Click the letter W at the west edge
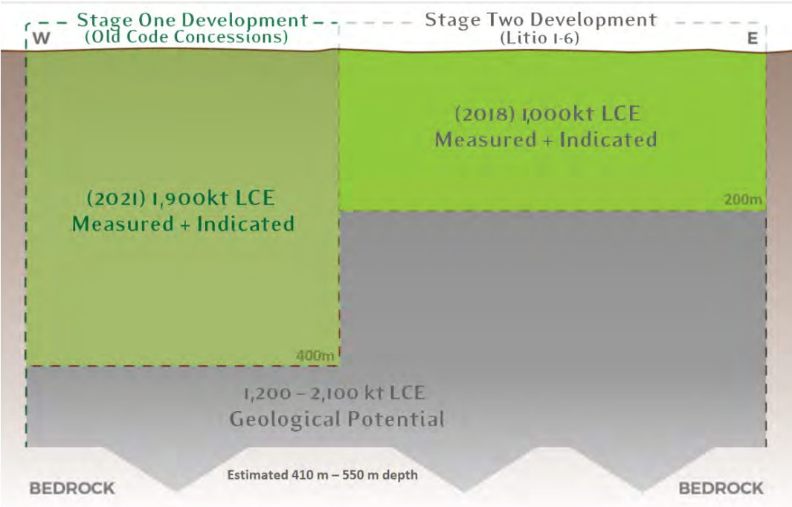[x=41, y=38]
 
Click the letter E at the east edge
[x=753, y=39]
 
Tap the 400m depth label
[x=315, y=355]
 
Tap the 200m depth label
[x=743, y=199]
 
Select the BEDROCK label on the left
[x=72, y=488]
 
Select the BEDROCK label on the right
[x=721, y=488]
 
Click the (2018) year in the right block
[x=485, y=113]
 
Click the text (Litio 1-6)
[x=539, y=38]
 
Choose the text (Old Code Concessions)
[x=187, y=36]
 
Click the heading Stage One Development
[x=193, y=20]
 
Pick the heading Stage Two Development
[x=541, y=19]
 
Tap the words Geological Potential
[x=337, y=419]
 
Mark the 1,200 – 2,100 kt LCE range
[x=334, y=393]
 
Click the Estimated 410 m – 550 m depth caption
[x=322, y=475]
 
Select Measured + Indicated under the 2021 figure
[x=184, y=224]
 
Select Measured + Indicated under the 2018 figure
[x=546, y=139]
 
